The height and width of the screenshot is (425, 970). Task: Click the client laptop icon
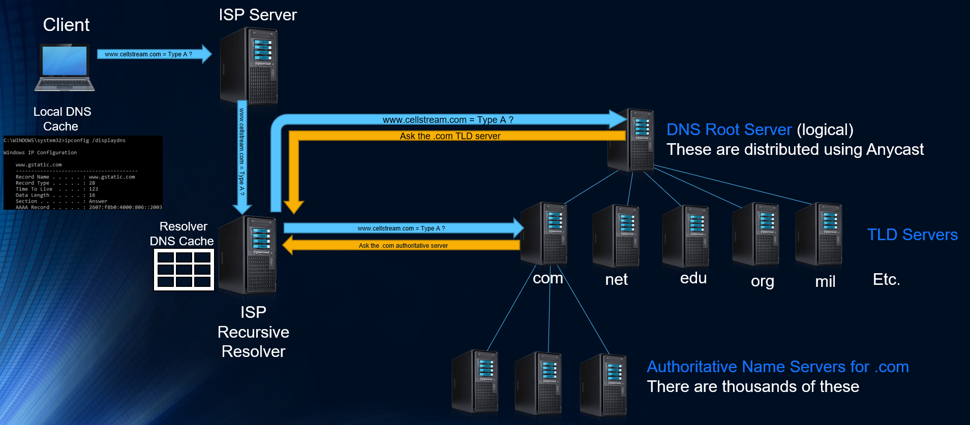[x=65, y=68]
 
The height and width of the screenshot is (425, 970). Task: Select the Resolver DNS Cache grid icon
[x=184, y=270]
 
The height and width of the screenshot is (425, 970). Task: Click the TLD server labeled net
[x=616, y=236]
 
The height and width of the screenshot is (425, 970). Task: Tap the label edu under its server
[x=693, y=278]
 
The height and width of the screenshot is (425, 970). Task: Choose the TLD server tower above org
[x=756, y=235]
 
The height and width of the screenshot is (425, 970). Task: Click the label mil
[x=825, y=281]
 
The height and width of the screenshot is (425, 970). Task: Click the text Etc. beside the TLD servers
[x=886, y=279]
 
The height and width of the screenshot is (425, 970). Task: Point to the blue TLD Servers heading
[x=912, y=235]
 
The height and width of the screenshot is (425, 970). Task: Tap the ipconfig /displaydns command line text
[x=95, y=140]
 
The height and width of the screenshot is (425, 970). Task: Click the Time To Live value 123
[x=94, y=189]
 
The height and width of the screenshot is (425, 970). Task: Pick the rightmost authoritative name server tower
[x=604, y=385]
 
